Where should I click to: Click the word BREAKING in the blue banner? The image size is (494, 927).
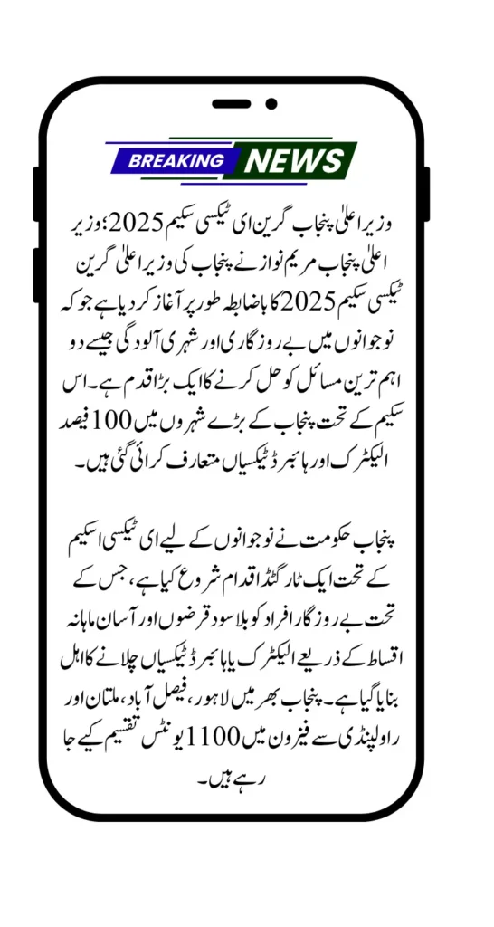(176, 161)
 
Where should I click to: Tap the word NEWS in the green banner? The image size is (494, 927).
(294, 161)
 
